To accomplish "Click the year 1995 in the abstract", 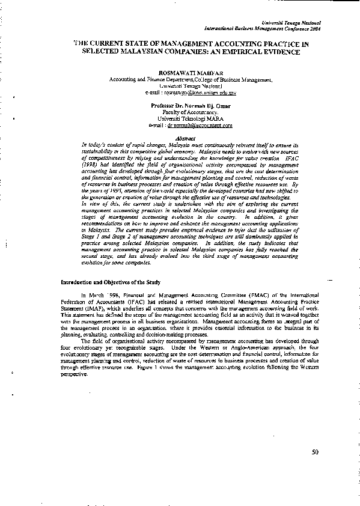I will tap(110, 191).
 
